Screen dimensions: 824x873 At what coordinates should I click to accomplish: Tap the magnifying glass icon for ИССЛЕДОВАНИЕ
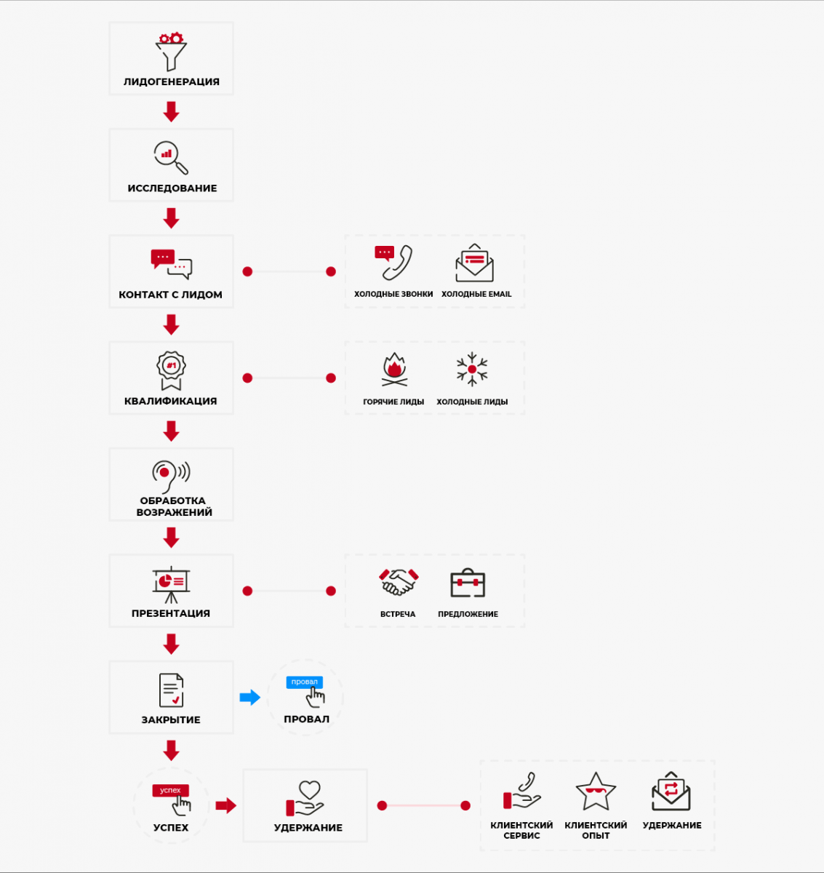click(x=171, y=157)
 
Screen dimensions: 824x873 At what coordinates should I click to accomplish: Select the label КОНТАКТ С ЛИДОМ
click(x=170, y=295)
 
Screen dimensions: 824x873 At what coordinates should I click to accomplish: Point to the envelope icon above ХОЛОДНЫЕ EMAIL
click(x=475, y=263)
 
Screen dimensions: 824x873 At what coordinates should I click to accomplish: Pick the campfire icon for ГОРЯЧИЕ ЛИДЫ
click(x=394, y=370)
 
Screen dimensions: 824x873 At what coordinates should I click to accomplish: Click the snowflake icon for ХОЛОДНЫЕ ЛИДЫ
click(x=472, y=370)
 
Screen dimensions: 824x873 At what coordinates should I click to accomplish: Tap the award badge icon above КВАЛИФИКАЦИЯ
click(x=171, y=370)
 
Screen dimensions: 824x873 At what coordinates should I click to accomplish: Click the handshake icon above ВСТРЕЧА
click(x=399, y=582)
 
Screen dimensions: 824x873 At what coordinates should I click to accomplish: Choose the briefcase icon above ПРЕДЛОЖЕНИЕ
click(x=468, y=583)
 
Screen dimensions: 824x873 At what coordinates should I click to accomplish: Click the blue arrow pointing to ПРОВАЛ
click(x=249, y=697)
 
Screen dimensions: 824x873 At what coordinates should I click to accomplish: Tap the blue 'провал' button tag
click(x=305, y=682)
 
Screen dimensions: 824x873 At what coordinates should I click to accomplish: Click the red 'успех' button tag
click(x=170, y=790)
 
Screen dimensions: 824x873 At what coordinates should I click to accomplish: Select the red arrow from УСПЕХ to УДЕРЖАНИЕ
click(x=226, y=806)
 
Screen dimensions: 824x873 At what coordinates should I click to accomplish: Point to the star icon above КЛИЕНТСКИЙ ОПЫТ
click(x=596, y=792)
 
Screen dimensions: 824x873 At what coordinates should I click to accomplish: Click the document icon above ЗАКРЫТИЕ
click(x=171, y=690)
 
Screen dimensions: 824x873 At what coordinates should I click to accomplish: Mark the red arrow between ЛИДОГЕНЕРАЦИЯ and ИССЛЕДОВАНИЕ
click(x=171, y=111)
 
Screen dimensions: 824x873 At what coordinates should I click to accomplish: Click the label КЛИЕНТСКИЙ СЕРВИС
click(x=521, y=830)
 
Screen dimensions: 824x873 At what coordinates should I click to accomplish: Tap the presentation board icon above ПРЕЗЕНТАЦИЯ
click(x=171, y=585)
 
